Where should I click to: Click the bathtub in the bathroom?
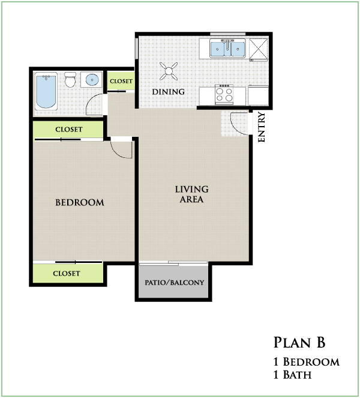(x=46, y=91)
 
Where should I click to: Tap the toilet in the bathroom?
(x=70, y=79)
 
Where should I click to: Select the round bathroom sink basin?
(x=92, y=80)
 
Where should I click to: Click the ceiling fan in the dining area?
(x=169, y=71)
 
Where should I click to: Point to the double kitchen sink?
(x=227, y=48)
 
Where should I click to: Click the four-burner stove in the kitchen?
(x=224, y=95)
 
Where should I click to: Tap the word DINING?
(x=168, y=92)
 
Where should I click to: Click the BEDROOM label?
(x=80, y=202)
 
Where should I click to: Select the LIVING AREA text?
(x=192, y=194)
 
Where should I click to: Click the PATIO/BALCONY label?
(x=174, y=283)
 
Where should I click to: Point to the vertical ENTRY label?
(x=262, y=127)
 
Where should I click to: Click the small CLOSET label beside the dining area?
(x=121, y=81)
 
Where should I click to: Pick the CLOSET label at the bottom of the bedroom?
(x=67, y=273)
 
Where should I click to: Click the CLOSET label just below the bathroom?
(x=69, y=130)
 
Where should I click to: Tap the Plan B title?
(x=299, y=342)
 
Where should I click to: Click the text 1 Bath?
(x=293, y=375)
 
